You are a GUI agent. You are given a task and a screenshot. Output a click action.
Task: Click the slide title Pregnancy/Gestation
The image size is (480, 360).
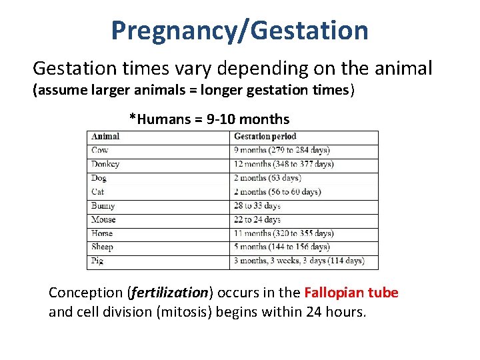[239, 31]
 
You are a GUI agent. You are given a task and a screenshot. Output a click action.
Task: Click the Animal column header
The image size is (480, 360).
[105, 137]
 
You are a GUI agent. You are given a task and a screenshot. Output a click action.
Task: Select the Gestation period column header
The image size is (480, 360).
[265, 137]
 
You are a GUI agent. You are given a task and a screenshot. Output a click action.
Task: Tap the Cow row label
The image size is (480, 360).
[99, 151]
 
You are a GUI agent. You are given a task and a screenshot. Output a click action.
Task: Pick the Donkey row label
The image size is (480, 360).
[105, 164]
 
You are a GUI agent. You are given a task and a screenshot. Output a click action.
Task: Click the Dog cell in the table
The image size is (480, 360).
[99, 178]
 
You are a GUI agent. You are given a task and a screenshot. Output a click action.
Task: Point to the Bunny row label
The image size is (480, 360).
[103, 206]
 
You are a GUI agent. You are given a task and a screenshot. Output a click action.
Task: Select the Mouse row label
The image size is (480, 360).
[103, 219]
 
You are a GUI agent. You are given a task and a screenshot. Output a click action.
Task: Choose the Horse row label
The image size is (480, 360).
[102, 233]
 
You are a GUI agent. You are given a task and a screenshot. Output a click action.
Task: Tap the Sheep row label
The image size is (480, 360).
[102, 247]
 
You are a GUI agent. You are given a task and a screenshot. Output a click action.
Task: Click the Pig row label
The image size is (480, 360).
[97, 261]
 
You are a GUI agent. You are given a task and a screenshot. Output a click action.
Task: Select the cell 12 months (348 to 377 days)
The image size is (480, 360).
[283, 164]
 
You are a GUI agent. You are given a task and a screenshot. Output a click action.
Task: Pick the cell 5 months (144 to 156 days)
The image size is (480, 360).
[281, 247]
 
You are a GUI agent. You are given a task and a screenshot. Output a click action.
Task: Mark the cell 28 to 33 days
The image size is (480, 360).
[257, 206]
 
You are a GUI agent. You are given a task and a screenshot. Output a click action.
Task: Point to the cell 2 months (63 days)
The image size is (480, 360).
[267, 178]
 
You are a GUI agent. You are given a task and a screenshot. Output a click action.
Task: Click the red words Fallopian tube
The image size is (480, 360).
[351, 293]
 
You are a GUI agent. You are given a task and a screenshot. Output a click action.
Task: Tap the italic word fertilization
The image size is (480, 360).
[171, 293]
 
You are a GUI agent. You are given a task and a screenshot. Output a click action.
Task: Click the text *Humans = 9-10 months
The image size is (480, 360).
[209, 119]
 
